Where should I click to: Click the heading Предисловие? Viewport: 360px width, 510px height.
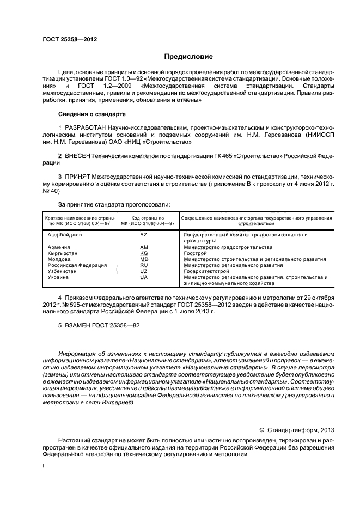(x=189, y=56)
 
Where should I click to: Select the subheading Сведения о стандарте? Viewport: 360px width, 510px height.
(x=91, y=114)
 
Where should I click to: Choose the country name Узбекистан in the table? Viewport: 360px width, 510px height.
(x=64, y=271)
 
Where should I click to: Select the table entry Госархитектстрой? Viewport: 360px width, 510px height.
(x=207, y=271)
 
